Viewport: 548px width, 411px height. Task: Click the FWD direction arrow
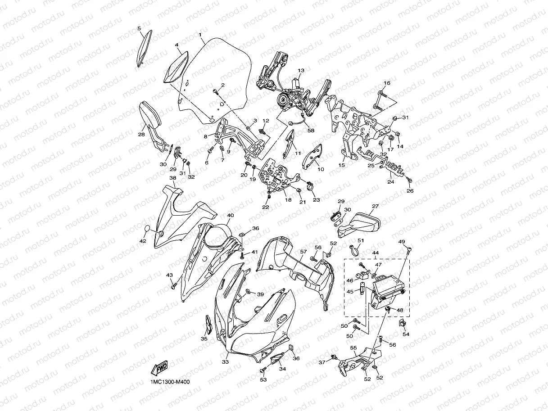159,368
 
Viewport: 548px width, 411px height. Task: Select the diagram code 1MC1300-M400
170,382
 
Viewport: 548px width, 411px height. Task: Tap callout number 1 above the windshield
200,35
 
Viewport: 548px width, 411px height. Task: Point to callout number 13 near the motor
301,70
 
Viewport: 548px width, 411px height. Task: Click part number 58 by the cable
311,130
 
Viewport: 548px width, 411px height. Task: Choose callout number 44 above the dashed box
376,253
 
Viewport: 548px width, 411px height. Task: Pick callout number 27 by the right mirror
375,206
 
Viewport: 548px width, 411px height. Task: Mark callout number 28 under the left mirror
141,135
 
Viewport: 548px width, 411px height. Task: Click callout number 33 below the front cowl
225,362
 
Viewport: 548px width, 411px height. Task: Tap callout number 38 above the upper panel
173,178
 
